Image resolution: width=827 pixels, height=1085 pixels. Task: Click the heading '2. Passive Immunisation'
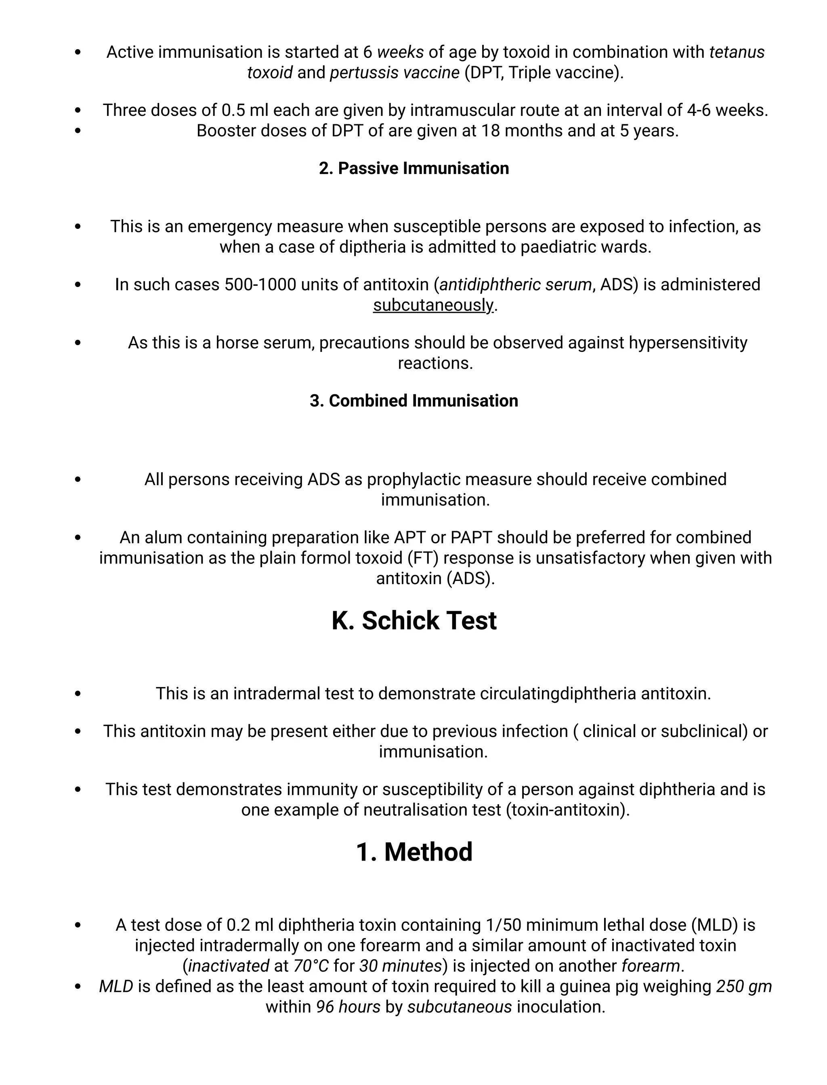tap(413, 168)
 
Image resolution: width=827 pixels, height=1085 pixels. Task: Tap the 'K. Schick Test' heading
tap(413, 620)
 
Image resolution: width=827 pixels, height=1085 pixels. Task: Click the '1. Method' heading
tap(413, 852)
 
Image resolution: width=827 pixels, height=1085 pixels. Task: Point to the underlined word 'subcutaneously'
tap(433, 305)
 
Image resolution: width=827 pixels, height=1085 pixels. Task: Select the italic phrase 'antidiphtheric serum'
tap(515, 285)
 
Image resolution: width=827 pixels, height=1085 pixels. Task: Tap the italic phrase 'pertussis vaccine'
tap(394, 73)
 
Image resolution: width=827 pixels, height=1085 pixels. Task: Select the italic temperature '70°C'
tap(311, 966)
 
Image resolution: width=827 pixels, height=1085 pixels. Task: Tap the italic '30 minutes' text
tap(400, 966)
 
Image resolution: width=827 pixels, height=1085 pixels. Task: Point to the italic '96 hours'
tap(348, 1007)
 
